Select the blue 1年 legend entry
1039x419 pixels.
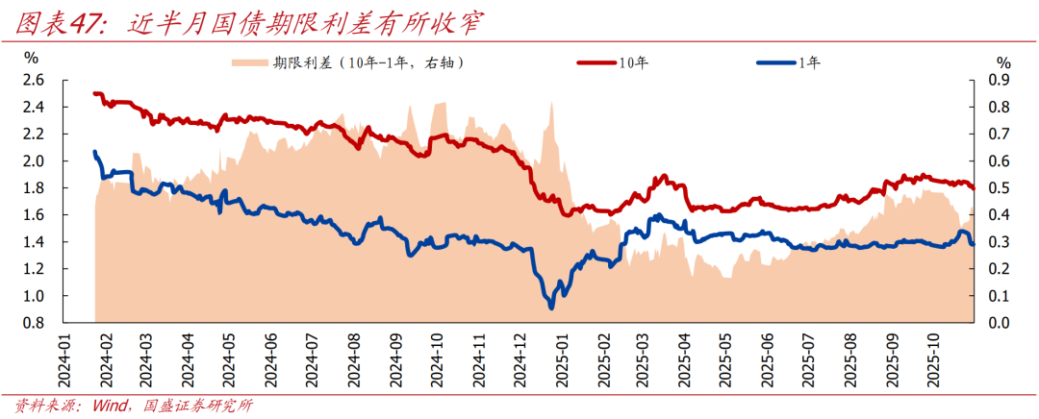[788, 63]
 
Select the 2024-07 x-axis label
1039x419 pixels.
[312, 360]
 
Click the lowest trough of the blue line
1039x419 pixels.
[550, 307]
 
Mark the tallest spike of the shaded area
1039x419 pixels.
[551, 102]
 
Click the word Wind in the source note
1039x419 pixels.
[109, 406]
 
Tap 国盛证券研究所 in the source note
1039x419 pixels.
[196, 406]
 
